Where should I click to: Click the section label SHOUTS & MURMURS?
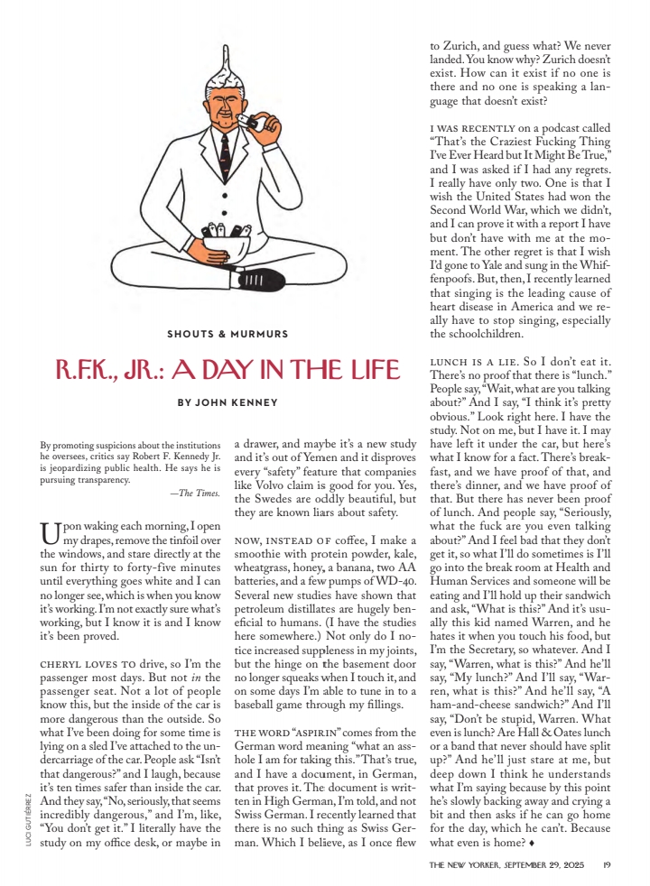click(x=227, y=334)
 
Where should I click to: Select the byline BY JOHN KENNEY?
click(x=227, y=403)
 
